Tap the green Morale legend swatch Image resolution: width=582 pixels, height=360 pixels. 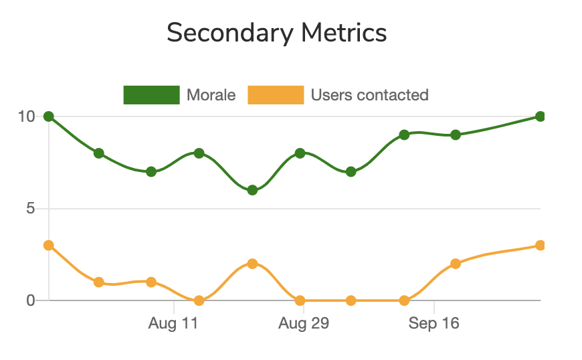pyautogui.click(x=152, y=95)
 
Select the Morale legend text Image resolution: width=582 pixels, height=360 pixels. pyautogui.click(x=211, y=95)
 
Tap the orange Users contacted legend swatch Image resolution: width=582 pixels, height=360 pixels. pyautogui.click(x=276, y=95)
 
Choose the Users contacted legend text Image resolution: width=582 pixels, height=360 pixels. pyautogui.click(x=369, y=95)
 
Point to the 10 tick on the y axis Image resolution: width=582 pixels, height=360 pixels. pyautogui.click(x=26, y=116)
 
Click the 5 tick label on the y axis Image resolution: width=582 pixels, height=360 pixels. pyautogui.click(x=30, y=209)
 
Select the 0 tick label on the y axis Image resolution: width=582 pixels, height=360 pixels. pyautogui.click(x=30, y=300)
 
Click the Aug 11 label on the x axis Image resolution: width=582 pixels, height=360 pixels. pyautogui.click(x=173, y=325)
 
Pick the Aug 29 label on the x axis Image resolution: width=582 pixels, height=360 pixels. pyautogui.click(x=304, y=325)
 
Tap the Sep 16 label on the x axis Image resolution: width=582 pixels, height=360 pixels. pyautogui.click(x=434, y=325)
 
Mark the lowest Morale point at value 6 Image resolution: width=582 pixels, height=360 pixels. pyautogui.click(x=252, y=190)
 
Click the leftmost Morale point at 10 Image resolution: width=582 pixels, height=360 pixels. pyautogui.click(x=48, y=116)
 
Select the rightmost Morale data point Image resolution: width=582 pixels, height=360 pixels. pyautogui.click(x=540, y=116)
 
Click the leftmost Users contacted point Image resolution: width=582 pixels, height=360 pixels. pyautogui.click(x=48, y=246)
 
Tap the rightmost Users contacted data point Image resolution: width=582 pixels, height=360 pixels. pyautogui.click(x=540, y=246)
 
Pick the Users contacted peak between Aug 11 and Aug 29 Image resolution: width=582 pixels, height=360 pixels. pyautogui.click(x=252, y=264)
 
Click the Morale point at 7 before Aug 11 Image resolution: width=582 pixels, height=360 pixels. pyautogui.click(x=151, y=171)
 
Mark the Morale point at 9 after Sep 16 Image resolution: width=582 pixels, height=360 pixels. pyautogui.click(x=456, y=134)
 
